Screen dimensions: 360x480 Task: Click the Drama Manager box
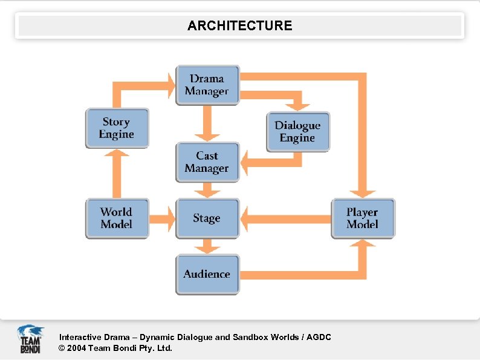(207, 85)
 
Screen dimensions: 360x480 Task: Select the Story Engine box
(117, 128)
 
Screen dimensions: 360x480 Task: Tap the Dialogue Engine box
(298, 131)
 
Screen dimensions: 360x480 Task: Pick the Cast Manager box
(207, 162)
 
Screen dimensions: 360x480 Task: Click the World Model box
(117, 218)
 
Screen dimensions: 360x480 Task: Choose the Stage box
(207, 218)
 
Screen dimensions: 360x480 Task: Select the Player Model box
(363, 218)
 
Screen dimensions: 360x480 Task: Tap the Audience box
(207, 274)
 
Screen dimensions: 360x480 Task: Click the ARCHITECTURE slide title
(239, 25)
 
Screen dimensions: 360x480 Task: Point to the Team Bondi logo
(30, 339)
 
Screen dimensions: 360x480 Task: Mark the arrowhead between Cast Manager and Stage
(207, 192)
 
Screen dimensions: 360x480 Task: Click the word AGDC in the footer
(319, 337)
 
